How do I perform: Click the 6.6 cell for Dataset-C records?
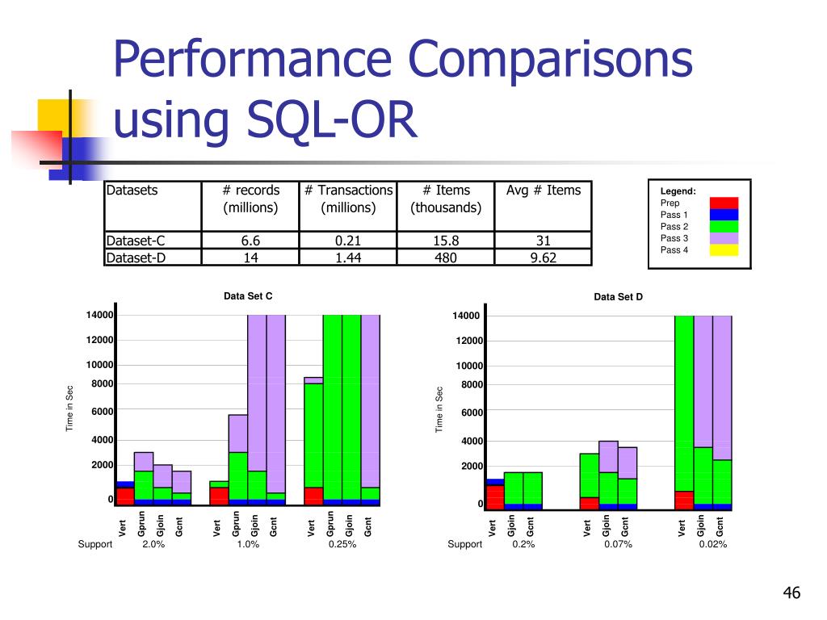point(250,241)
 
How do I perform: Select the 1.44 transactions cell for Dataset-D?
point(348,258)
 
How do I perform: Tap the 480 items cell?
point(446,258)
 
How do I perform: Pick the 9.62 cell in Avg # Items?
point(543,258)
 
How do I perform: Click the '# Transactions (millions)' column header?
point(348,199)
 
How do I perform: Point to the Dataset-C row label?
point(132,241)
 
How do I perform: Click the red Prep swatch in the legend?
point(724,203)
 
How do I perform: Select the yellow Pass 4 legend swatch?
point(724,250)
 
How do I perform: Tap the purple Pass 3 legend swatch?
point(724,238)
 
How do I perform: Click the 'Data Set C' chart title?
point(248,296)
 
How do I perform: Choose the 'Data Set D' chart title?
point(618,297)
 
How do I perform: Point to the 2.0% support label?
point(153,544)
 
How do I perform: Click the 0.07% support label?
point(618,544)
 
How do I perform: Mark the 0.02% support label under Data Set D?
point(713,544)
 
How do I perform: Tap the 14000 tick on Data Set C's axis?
point(101,315)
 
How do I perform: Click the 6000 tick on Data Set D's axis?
point(471,413)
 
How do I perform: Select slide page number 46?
point(791,594)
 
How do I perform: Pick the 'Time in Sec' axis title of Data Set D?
point(440,409)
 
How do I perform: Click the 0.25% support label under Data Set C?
point(342,544)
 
